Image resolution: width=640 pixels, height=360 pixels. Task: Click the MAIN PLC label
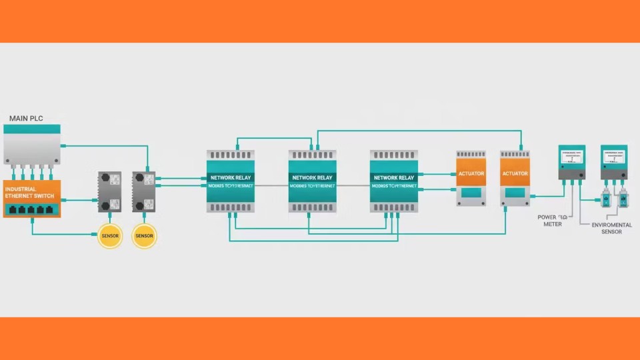coord(27,118)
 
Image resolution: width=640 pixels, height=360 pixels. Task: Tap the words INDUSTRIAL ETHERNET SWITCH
coord(30,193)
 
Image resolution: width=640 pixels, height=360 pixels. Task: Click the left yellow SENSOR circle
coord(110,236)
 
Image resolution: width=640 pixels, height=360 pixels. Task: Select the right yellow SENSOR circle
coord(144,236)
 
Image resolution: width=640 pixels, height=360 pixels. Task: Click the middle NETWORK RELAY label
coord(313,178)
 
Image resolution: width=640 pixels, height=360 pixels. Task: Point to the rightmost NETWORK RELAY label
coord(394,178)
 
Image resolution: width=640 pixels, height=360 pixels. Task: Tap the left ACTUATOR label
coord(471,173)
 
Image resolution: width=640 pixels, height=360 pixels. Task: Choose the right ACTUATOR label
coord(515,173)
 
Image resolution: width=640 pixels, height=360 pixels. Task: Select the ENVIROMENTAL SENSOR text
coord(611,229)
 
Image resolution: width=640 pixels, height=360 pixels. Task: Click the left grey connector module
coord(110,191)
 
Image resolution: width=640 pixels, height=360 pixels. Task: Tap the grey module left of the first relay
coord(143,191)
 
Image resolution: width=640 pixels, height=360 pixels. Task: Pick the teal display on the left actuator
coord(471,193)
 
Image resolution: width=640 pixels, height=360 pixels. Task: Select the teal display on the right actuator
coord(515,193)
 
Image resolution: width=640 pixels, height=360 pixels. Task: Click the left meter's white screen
coord(571,159)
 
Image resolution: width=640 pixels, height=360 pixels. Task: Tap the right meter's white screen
coord(613,159)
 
